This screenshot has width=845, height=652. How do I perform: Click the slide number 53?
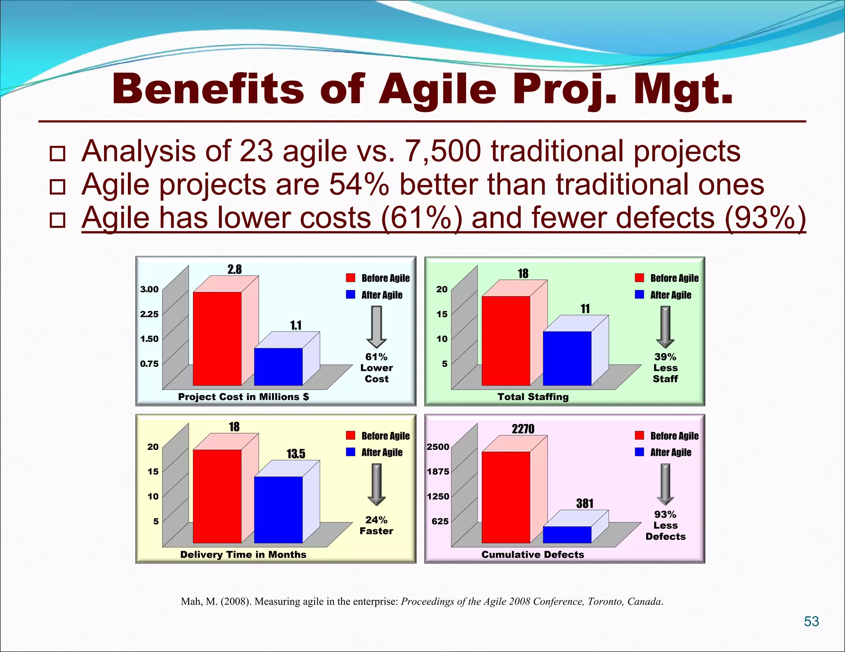click(811, 621)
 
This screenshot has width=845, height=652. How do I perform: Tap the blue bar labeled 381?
click(567, 535)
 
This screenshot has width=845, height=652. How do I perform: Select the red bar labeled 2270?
click(506, 497)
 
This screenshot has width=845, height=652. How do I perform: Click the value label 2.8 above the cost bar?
click(234, 270)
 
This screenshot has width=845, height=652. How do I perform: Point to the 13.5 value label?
click(296, 454)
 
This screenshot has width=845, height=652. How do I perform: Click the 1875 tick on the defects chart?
click(438, 471)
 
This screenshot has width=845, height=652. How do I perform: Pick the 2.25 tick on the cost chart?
click(149, 314)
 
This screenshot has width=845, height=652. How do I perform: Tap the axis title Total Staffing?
click(533, 397)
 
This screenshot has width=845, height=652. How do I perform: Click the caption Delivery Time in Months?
click(243, 554)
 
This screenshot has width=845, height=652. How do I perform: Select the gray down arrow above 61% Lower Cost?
click(376, 327)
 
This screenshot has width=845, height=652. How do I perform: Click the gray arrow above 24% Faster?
click(376, 484)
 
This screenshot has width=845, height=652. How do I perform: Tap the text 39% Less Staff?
click(665, 368)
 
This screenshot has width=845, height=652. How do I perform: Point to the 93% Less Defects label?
click(665, 525)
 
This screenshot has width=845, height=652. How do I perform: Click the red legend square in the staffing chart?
click(640, 278)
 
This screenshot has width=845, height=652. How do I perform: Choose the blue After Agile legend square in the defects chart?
click(640, 452)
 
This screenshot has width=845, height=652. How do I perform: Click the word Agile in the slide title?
click(437, 89)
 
